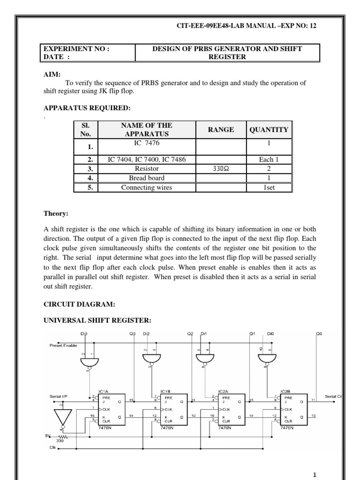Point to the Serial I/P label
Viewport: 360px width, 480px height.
pyautogui.click(x=58, y=397)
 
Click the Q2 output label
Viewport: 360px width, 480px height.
pyautogui.click(x=190, y=334)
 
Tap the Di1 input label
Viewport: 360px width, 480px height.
pyautogui.click(x=203, y=334)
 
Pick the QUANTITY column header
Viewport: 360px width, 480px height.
pyautogui.click(x=269, y=129)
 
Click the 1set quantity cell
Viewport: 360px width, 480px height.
pyautogui.click(x=269, y=187)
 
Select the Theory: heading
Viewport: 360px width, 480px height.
pyautogui.click(x=56, y=214)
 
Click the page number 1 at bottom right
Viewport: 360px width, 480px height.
pyautogui.click(x=315, y=474)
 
